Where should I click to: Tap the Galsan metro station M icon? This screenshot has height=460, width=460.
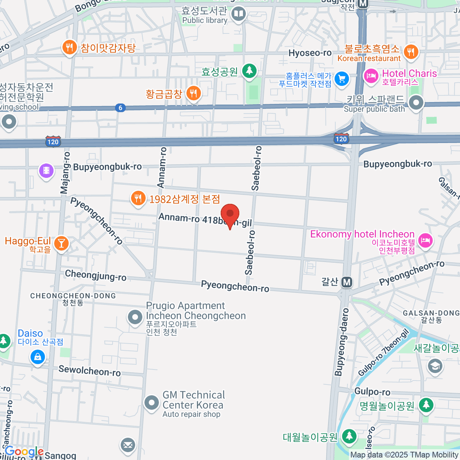[347, 283]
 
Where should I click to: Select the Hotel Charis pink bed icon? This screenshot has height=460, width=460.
[371, 76]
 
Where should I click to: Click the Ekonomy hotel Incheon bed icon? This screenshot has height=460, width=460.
[425, 240]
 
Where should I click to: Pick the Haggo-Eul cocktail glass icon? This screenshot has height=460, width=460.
[61, 243]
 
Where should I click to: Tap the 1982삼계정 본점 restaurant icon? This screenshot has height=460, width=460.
[138, 198]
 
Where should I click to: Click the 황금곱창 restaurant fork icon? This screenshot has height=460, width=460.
[194, 93]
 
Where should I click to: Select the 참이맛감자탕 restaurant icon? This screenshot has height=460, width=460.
[69, 48]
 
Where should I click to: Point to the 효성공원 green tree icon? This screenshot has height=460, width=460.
[249, 71]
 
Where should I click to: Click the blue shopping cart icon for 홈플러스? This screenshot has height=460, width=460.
[342, 79]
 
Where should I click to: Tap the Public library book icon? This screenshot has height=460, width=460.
[238, 14]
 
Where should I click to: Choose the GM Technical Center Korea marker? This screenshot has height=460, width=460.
[151, 402]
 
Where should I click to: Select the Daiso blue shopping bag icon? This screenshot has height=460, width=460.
[38, 357]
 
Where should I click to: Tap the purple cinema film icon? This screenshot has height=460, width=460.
[46, 170]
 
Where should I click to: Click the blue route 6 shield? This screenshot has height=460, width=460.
[120, 108]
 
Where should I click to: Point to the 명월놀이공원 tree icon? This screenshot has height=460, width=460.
[426, 404]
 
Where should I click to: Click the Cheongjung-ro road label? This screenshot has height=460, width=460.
[95, 275]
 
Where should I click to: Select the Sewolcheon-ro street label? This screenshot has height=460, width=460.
[89, 371]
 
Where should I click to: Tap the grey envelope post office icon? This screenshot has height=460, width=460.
[128, 445]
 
